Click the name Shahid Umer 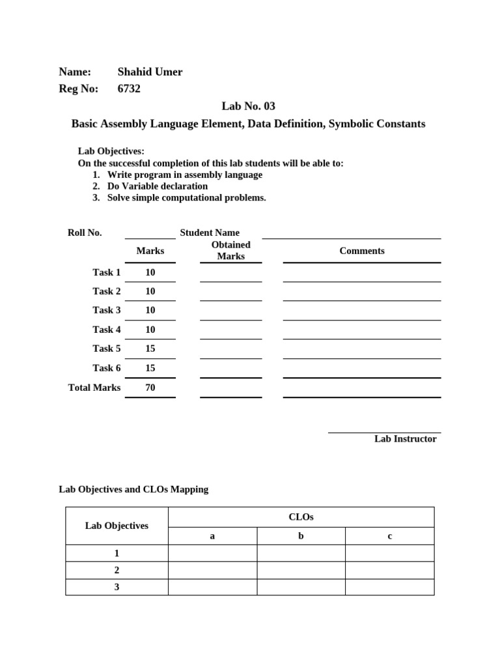pyautogui.click(x=150, y=72)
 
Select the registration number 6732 pyautogui.click(x=129, y=89)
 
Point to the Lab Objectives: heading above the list pyautogui.click(x=111, y=151)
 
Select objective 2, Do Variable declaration pyautogui.click(x=158, y=186)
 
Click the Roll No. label pyautogui.click(x=85, y=233)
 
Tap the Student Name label pyautogui.click(x=210, y=233)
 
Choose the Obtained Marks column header pyautogui.click(x=230, y=251)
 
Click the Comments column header pyautogui.click(x=362, y=251)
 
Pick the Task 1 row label pyautogui.click(x=107, y=272)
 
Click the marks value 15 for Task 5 pyautogui.click(x=150, y=348)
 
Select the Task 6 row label pyautogui.click(x=107, y=368)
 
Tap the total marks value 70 pyautogui.click(x=150, y=388)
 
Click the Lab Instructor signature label pyautogui.click(x=405, y=439)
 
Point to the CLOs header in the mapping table pyautogui.click(x=301, y=517)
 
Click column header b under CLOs pyautogui.click(x=301, y=536)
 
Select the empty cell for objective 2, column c pyautogui.click(x=389, y=570)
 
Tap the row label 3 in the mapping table pyautogui.click(x=117, y=587)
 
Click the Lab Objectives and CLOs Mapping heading pyautogui.click(x=133, y=489)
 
